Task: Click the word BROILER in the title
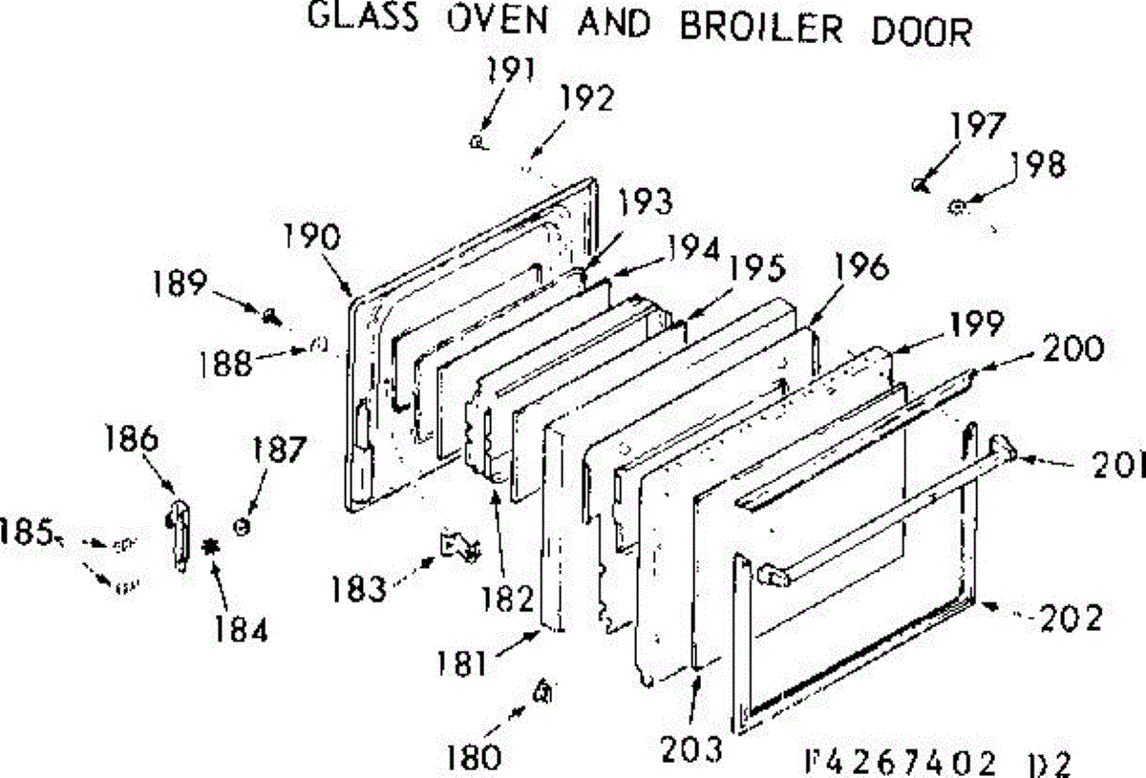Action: (x=761, y=29)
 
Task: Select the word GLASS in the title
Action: (x=363, y=16)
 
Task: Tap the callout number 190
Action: (x=311, y=236)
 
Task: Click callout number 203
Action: (x=691, y=750)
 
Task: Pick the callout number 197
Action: (x=978, y=125)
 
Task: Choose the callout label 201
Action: (x=1118, y=465)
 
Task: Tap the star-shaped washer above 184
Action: (x=210, y=548)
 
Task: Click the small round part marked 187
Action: (x=242, y=526)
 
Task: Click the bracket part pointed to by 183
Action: (x=460, y=546)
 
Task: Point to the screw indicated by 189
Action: (x=270, y=318)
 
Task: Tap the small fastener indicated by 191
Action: (x=477, y=142)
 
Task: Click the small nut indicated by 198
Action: (x=956, y=208)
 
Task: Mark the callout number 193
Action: (x=646, y=201)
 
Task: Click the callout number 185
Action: (x=26, y=532)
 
